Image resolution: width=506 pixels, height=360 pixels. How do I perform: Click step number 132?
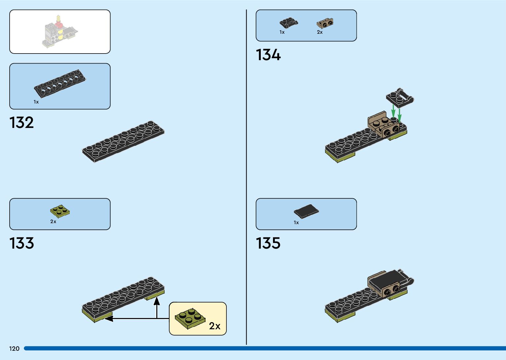pos(22,123)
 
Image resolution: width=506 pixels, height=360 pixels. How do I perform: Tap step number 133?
pos(22,243)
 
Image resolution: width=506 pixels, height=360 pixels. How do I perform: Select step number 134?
pos(268,55)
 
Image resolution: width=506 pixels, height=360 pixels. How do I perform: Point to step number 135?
pos(268,243)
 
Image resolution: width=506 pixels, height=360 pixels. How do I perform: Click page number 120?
pos(14,348)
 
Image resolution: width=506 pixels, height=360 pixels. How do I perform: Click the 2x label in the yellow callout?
pos(214,326)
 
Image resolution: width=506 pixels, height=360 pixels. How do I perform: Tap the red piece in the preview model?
pos(59,24)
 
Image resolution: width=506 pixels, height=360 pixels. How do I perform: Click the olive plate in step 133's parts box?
pos(60,211)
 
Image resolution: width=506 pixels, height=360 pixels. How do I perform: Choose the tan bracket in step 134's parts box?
pos(325,23)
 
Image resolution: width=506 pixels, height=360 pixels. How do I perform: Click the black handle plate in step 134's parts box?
pos(289,23)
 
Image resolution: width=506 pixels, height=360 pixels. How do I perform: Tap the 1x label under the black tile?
pos(296,222)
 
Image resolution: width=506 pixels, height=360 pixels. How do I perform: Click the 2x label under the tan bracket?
pos(320,32)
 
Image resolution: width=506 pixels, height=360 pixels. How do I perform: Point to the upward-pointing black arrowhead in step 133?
pos(157,301)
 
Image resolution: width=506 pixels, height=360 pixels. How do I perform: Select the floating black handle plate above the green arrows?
pos(400,98)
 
